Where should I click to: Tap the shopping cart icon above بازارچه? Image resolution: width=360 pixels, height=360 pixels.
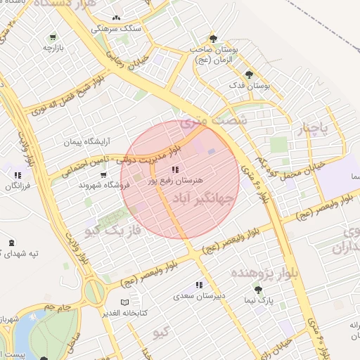53,37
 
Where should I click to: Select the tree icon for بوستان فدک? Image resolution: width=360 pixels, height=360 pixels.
249,75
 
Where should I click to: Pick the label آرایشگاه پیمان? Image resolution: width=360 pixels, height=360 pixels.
88,141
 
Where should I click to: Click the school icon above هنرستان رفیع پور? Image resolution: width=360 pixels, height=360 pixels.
174,169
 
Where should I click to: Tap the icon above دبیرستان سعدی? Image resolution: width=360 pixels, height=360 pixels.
199,285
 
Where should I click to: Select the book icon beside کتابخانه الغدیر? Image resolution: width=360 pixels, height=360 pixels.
125,302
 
